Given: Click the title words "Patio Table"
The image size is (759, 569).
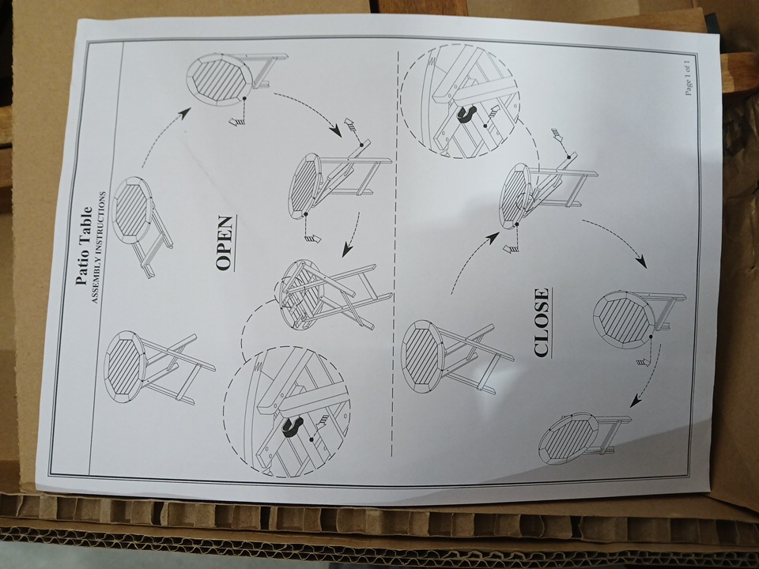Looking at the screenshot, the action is click(84, 246).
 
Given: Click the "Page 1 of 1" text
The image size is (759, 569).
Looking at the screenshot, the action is click(688, 76).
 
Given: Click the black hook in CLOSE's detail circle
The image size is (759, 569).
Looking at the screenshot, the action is click(466, 114).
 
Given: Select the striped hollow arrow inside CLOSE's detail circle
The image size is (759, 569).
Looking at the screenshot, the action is click(492, 112).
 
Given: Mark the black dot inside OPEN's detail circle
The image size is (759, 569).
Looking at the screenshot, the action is click(311, 439).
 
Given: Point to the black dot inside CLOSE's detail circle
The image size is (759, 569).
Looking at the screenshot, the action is click(485, 126).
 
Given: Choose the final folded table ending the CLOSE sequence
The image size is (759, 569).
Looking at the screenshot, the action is click(583, 439).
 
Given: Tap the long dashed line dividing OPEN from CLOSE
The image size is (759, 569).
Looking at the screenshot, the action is click(394, 252).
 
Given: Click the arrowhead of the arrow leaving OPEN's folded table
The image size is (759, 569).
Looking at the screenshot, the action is click(183, 113).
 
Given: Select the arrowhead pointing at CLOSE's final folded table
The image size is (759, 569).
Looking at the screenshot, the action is click(636, 401).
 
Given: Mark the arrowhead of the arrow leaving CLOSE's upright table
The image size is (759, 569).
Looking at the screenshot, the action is click(493, 237).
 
